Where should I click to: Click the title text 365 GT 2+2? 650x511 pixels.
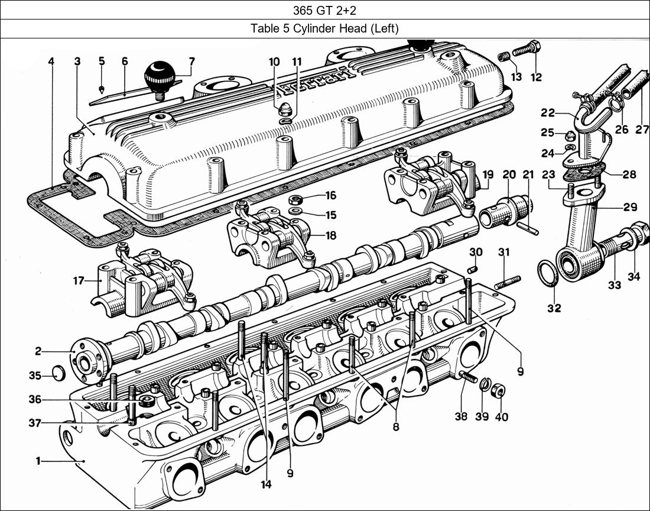point(324,10)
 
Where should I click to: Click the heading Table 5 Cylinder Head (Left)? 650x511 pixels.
point(324,28)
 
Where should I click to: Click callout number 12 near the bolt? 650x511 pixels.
point(536,77)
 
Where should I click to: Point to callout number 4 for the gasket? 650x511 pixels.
point(51,61)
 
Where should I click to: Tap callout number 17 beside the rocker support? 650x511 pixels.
point(79,281)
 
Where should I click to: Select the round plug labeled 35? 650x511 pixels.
point(57,374)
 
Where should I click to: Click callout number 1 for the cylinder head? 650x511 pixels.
point(38,461)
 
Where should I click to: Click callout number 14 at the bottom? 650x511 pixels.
point(266,484)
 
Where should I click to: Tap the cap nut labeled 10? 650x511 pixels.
point(284,110)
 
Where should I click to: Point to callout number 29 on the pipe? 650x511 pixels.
point(630,207)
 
